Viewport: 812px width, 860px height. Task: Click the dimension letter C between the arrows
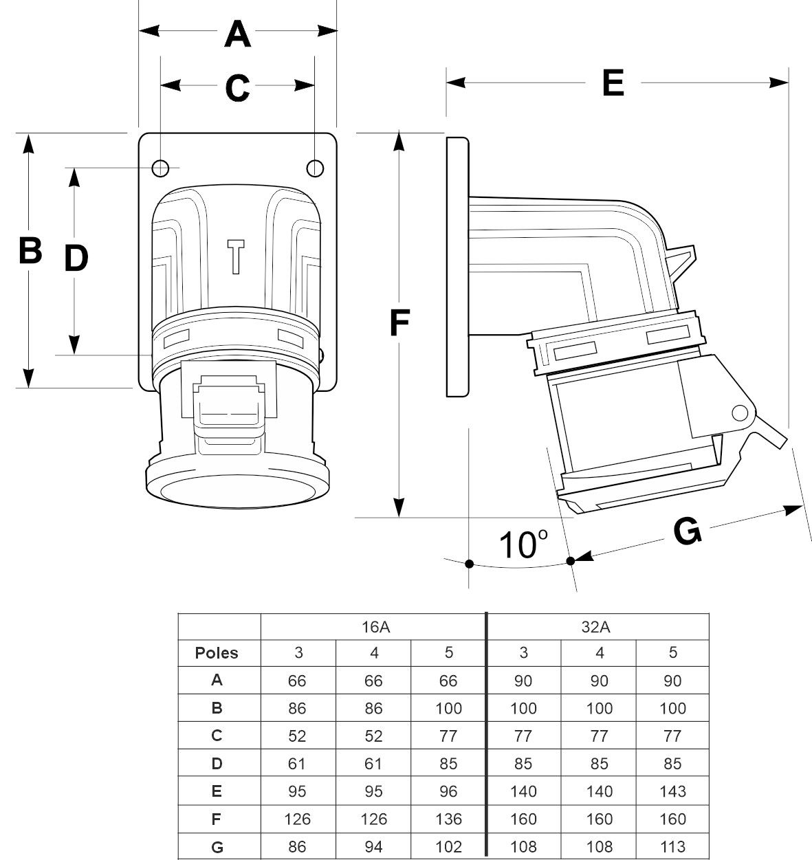237,87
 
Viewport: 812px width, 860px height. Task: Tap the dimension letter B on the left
30,250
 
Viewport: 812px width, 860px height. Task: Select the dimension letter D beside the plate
76,258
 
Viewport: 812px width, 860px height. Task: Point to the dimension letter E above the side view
613,83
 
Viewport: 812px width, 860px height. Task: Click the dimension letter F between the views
399,323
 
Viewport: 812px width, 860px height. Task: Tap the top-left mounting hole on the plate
160,168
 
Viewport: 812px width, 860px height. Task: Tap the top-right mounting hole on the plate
315,168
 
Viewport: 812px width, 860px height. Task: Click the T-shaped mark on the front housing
236,256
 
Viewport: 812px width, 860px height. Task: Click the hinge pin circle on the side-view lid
740,413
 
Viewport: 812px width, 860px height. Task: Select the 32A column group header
597,626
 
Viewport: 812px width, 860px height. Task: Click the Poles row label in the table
217,653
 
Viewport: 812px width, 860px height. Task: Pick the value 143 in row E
672,791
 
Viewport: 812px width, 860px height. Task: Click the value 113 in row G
672,846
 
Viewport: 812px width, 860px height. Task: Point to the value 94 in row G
373,846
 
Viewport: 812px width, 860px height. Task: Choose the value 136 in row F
448,819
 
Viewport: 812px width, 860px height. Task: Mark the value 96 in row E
448,791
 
